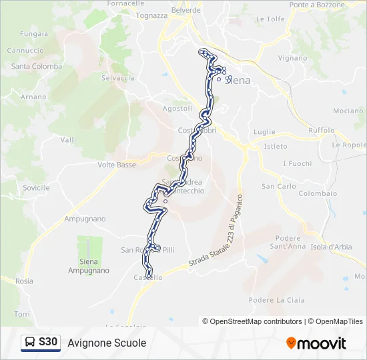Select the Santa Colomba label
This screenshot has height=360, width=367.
pos(37,66)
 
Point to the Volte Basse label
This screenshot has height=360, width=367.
pos(117,165)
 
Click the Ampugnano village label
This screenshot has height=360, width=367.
pos(85,219)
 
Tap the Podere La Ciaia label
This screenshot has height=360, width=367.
pos(276,300)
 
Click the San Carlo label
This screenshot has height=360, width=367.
pos(278,186)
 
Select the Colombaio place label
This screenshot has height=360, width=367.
pos(318,193)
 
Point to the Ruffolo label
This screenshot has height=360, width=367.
pos(322,130)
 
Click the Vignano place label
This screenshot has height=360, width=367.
pos(292,58)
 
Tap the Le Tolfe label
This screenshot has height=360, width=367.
pos(270,19)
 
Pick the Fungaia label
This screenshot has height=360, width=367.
pos(34,33)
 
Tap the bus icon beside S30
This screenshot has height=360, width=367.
pos(30,343)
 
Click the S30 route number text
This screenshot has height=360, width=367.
pos(49,342)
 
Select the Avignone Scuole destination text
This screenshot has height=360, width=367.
pos(107,343)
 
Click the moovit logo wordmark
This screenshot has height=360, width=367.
pos(322,343)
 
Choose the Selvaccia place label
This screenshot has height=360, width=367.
pos(117,78)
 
